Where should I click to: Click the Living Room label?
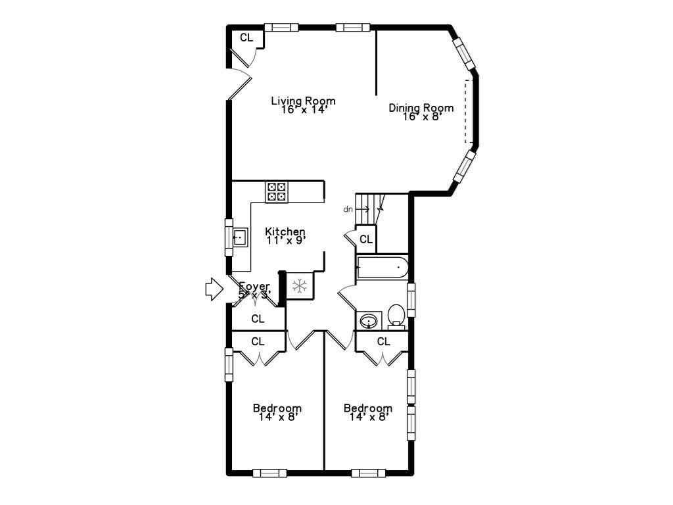304,101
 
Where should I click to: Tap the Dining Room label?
421,108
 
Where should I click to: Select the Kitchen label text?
285,231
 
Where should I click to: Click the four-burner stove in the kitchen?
275,191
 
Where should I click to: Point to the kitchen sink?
239,236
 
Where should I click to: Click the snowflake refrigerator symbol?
300,286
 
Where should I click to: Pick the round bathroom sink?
368,321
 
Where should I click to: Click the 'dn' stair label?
348,209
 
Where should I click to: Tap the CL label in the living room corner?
246,37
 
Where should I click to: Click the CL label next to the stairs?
366,239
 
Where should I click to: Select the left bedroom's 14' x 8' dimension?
277,416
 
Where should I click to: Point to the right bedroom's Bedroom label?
368,408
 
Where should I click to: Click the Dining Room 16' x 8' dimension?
421,116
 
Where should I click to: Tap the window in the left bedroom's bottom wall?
269,472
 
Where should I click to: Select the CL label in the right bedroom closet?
383,341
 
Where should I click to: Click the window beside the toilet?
411,300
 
